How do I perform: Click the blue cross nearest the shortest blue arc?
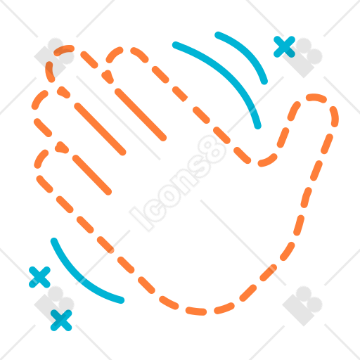284,46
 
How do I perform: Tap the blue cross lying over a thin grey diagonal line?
39,277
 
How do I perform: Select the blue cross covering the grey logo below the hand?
61,320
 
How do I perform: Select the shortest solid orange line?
92,175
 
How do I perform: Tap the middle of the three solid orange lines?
100,129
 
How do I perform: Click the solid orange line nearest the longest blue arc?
141,115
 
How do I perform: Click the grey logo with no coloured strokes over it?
302,306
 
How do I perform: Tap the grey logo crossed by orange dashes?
54,58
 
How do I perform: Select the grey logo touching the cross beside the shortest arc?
302,58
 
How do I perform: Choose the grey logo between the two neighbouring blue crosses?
54,304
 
